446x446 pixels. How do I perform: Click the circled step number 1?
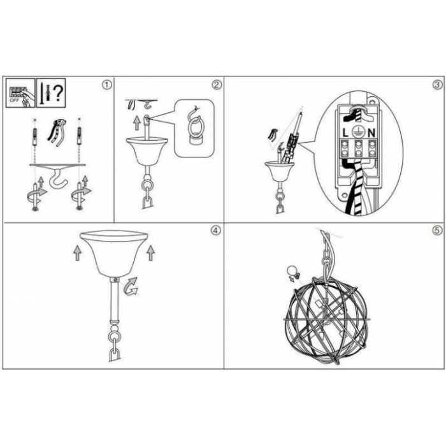(106, 85)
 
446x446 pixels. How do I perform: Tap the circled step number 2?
(217, 85)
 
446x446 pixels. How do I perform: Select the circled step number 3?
(438, 85)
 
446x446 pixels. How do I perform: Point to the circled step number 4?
(215, 231)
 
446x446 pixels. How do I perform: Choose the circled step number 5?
(438, 231)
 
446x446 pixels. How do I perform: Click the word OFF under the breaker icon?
(14, 101)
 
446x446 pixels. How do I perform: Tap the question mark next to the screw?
(58, 93)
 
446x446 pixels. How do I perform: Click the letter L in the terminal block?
(345, 133)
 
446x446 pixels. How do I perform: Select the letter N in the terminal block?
(371, 133)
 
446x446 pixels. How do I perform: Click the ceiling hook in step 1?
(58, 179)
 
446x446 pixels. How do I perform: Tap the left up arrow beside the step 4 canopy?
(77, 253)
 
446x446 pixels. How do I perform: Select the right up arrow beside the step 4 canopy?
(150, 253)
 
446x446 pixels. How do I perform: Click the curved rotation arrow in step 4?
(131, 286)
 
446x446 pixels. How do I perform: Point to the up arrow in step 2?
(137, 123)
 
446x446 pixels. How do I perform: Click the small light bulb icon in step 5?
(292, 270)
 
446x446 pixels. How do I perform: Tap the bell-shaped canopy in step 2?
(146, 151)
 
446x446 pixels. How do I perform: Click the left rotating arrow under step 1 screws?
(36, 196)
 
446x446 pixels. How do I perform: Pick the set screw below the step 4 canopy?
(115, 280)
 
